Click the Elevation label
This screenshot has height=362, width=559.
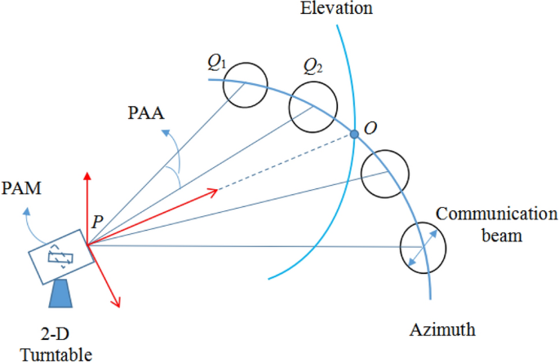(x=338, y=10)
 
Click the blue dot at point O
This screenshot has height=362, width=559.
(x=355, y=135)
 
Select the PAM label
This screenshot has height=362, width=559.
(x=22, y=189)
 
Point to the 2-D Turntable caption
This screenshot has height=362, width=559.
(x=57, y=344)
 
